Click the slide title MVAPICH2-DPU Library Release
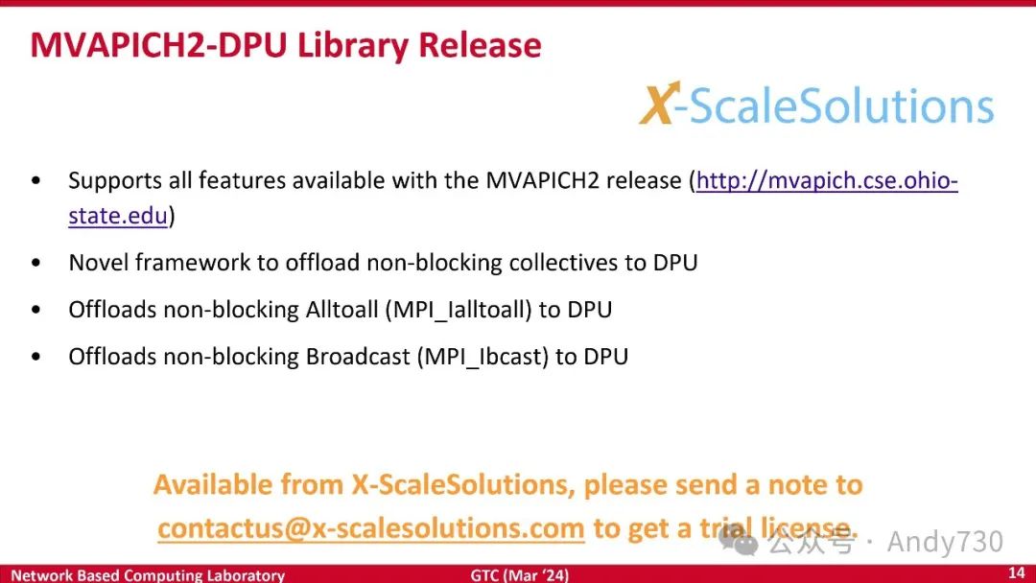286,46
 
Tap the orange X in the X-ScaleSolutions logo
658,103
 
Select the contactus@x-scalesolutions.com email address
370,528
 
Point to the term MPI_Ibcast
483,357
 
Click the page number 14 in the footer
1017,572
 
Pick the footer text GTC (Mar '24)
519,574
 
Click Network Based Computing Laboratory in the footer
148,575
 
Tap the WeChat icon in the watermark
738,542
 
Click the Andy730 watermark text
945,542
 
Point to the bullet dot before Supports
35,180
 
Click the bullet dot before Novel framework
35,263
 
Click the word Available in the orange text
213,484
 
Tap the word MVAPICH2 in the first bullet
542,180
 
